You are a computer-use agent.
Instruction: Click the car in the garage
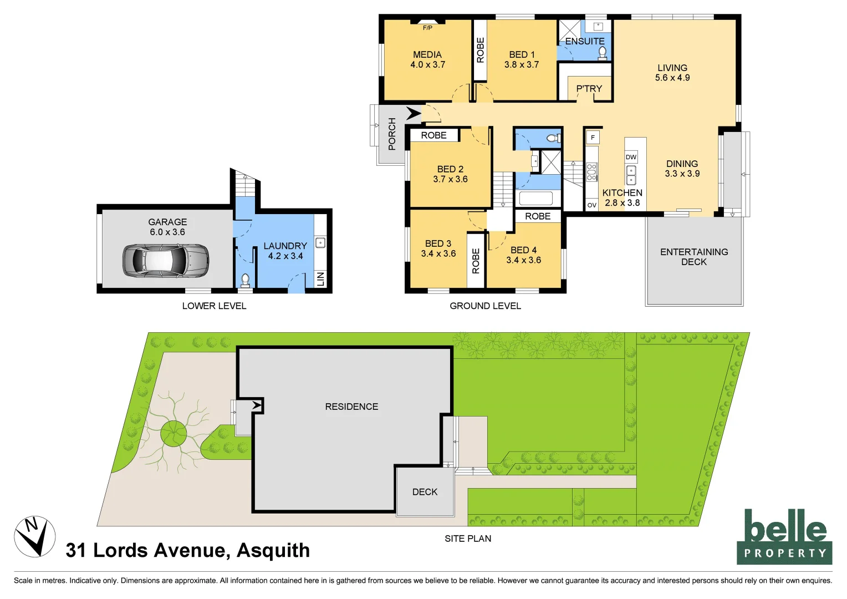(x=165, y=260)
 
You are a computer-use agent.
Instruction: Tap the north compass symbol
(x=34, y=536)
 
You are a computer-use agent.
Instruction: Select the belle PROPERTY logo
(x=784, y=537)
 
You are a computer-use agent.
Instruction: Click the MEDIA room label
(x=427, y=55)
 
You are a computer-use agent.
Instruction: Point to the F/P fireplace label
(x=427, y=28)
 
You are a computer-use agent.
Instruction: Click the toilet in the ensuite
(x=603, y=53)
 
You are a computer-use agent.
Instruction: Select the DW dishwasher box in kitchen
(x=631, y=157)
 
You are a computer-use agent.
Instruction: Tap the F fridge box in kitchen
(x=593, y=138)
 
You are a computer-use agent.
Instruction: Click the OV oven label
(x=591, y=205)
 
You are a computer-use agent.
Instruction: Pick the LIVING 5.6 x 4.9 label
(x=672, y=73)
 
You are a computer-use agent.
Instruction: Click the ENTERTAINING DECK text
(x=694, y=257)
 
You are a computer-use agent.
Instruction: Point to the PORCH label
(x=392, y=134)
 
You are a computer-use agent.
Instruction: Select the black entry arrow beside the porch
(x=414, y=114)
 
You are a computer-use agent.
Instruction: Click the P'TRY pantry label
(x=589, y=89)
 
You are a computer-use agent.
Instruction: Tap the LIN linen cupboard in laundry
(x=320, y=279)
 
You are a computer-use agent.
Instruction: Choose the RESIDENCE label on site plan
(x=351, y=407)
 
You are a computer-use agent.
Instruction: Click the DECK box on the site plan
(x=425, y=492)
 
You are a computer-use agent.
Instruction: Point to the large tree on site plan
(x=174, y=433)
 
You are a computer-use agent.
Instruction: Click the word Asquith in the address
(x=273, y=550)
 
